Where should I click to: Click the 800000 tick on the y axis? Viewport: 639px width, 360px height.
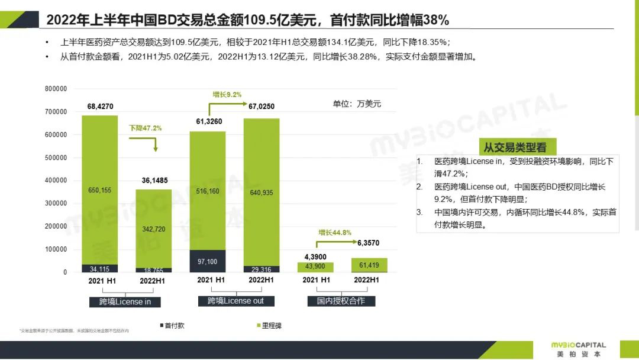pyautogui.click(x=56, y=89)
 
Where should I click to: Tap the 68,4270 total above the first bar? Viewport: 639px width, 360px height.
pyautogui.click(x=100, y=107)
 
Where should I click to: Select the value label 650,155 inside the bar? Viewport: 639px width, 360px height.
pyautogui.click(x=100, y=190)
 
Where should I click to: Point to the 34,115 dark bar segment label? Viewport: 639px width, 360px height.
pyautogui.click(x=100, y=269)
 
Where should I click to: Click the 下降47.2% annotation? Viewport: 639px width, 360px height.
pyautogui.click(x=146, y=128)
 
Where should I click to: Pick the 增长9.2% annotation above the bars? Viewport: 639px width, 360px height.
pyautogui.click(x=227, y=95)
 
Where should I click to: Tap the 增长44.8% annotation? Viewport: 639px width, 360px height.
pyautogui.click(x=335, y=233)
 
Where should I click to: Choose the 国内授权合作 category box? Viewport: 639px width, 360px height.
pyautogui.click(x=341, y=301)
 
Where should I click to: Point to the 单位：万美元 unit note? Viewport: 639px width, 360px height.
pyautogui.click(x=357, y=104)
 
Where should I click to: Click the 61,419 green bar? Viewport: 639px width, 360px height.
pyautogui.click(x=370, y=265)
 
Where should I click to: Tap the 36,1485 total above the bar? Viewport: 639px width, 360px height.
pyautogui.click(x=154, y=181)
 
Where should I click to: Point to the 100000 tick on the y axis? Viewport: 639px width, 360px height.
pyautogui.click(x=56, y=250)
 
